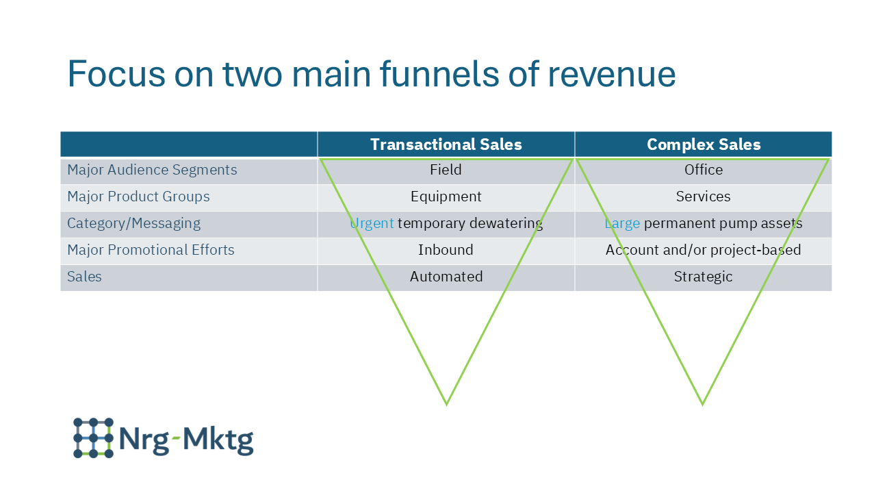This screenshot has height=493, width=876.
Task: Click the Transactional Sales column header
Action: click(x=446, y=144)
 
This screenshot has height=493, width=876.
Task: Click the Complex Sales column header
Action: click(x=704, y=144)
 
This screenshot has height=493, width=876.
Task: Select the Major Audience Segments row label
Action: click(x=152, y=170)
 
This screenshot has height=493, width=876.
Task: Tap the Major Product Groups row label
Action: click(x=138, y=197)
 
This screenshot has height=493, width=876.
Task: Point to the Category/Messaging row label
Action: click(x=133, y=223)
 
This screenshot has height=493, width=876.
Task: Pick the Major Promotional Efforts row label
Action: click(x=151, y=250)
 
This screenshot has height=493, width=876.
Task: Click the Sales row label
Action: click(x=84, y=277)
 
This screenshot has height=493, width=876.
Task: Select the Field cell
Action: click(x=446, y=170)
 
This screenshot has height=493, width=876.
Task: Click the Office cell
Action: click(x=704, y=170)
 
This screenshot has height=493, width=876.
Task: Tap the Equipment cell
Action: click(x=446, y=197)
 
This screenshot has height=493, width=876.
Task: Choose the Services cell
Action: click(x=704, y=197)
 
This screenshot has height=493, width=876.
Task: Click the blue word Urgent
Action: click(x=372, y=223)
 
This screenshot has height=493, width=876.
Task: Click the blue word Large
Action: click(x=622, y=223)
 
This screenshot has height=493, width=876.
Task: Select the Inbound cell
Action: click(x=446, y=250)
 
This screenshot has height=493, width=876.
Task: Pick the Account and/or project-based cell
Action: click(x=704, y=250)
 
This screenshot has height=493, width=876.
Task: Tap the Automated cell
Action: click(x=446, y=277)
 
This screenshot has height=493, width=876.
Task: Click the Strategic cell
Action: click(x=704, y=277)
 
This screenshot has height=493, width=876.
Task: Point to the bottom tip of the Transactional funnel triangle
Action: click(x=446, y=403)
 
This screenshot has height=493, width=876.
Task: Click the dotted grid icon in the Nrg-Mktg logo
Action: click(x=93, y=438)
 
